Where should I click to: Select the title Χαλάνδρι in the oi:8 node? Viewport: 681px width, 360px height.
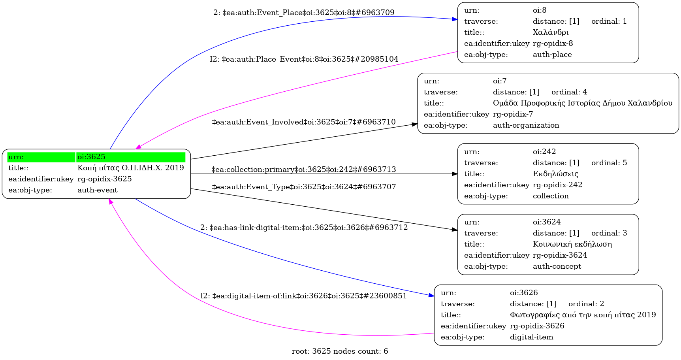pos(551,32)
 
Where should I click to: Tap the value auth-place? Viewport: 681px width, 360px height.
pos(552,55)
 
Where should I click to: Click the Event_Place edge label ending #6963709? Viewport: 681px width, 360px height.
pos(304,13)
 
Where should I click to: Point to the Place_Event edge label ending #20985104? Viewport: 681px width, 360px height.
pos(304,59)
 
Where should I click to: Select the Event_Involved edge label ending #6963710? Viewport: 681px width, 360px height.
pos(304,122)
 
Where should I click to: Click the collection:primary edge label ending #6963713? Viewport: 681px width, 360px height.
pos(304,170)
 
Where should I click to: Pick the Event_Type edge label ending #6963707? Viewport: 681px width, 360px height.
pos(304,187)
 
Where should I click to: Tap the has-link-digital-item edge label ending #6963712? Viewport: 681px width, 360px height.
pos(304,228)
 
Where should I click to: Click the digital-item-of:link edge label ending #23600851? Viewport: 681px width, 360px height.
pos(303,296)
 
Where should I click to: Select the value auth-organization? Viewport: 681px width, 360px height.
pos(526,125)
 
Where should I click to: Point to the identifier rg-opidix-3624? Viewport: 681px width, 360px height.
pos(560,255)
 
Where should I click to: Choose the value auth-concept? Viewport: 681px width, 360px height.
pos(557,266)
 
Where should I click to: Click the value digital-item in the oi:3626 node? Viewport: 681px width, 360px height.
pos(531,337)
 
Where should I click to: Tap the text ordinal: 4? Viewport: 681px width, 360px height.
pos(569,92)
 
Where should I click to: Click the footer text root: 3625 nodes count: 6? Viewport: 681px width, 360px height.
pos(340,351)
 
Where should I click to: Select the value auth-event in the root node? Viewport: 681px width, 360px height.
pos(97,190)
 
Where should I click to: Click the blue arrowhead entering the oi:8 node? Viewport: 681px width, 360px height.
pos(455,19)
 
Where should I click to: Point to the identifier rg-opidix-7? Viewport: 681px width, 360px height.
pos(513,114)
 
